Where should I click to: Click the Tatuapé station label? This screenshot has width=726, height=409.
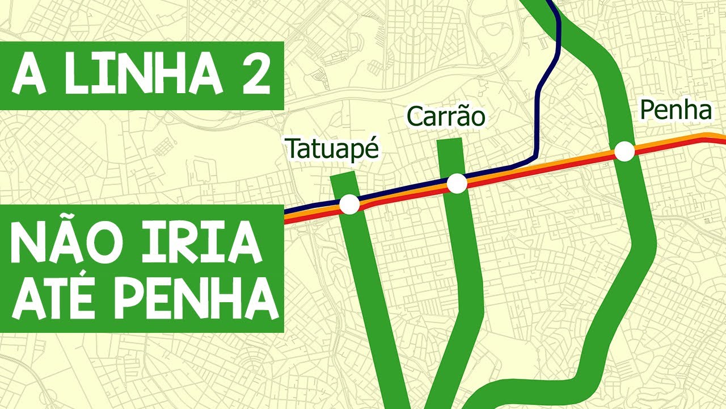[332, 149]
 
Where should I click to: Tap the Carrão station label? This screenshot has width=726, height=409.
[446, 117]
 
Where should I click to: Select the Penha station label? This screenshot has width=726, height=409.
[675, 111]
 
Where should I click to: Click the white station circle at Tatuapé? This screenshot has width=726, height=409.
[349, 204]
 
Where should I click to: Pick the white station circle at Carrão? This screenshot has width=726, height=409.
[457, 183]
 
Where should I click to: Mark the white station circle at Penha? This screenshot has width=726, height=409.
[624, 152]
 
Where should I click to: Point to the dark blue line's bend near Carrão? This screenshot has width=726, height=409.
[534, 155]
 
